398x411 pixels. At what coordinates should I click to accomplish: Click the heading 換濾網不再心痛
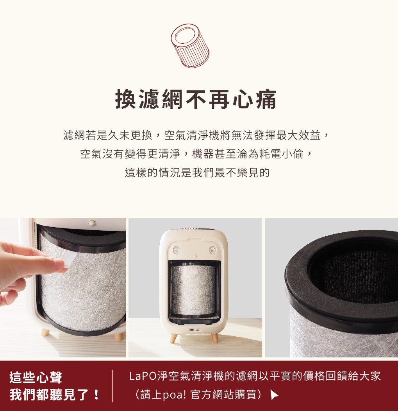[x=196, y=99]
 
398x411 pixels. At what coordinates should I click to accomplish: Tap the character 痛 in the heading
[x=266, y=99]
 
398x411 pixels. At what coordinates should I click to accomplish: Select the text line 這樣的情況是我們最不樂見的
[x=197, y=172]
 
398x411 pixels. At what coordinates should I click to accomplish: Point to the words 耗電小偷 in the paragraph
[x=281, y=154]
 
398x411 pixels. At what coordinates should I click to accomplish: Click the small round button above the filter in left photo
[x=92, y=223]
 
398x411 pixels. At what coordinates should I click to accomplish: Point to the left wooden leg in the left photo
[x=45, y=332]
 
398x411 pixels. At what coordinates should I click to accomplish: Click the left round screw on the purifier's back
[x=177, y=250]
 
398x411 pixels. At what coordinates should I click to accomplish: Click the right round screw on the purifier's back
[x=213, y=250]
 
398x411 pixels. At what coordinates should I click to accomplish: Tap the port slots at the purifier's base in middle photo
[x=195, y=330]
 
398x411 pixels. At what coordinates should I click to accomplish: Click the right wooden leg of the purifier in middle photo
[x=214, y=337]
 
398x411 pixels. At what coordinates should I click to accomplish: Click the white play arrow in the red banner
[x=274, y=395]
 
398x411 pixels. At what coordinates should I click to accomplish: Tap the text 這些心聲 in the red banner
[x=36, y=377]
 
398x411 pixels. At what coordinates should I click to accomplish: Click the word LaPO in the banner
[x=143, y=376]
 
